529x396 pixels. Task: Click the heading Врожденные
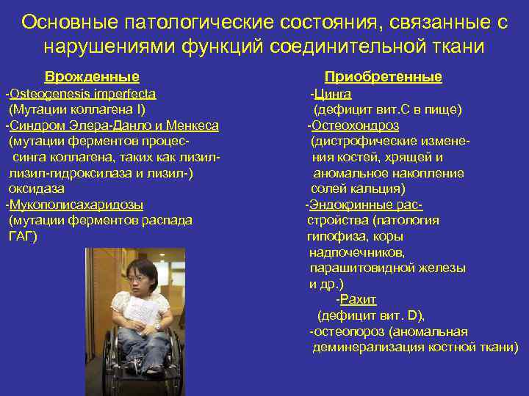pos(92,77)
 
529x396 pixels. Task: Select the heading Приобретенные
pos(383,77)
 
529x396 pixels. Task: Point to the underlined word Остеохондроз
pos(352,125)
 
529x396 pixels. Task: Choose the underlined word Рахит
pos(359,300)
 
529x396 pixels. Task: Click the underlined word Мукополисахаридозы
pos(76,205)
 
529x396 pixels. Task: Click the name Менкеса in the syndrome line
pos(195,125)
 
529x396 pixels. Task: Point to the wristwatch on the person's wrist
pos(156,325)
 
